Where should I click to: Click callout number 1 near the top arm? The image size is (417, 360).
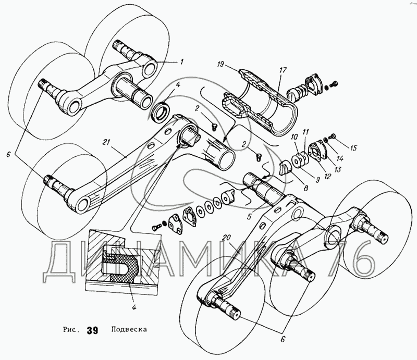click(x=182, y=62)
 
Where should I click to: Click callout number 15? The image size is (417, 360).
click(x=353, y=148)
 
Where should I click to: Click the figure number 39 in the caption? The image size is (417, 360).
click(x=92, y=330)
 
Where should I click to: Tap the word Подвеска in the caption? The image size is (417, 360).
click(x=129, y=330)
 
